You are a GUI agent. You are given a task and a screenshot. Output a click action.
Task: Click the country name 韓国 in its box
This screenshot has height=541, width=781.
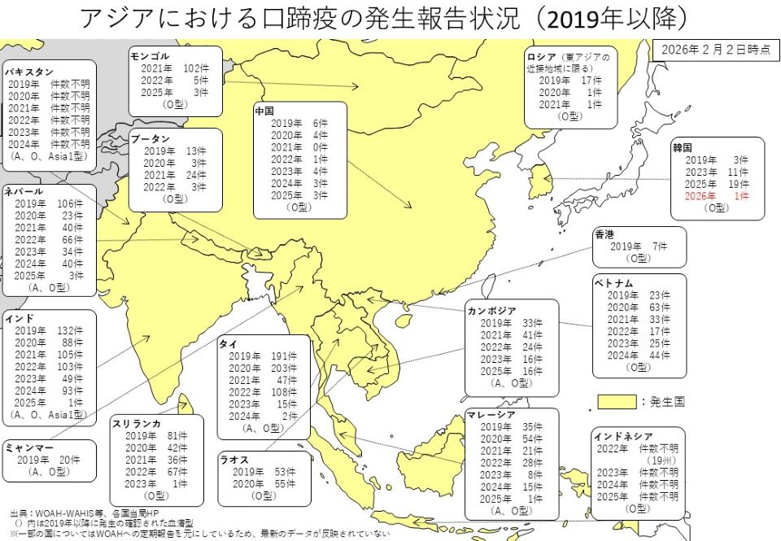(x=682, y=148)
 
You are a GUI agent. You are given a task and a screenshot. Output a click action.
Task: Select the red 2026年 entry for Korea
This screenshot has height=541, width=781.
(x=700, y=196)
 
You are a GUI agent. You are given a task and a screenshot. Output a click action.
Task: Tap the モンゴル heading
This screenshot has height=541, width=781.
(x=150, y=56)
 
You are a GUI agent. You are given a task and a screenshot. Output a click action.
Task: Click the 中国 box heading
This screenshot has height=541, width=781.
(x=264, y=110)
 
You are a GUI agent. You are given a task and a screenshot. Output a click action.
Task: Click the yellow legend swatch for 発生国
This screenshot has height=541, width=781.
(x=616, y=401)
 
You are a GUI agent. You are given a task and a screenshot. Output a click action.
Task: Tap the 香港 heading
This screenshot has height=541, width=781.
(x=604, y=233)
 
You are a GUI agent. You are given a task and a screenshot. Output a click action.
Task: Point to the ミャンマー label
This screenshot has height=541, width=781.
(x=29, y=447)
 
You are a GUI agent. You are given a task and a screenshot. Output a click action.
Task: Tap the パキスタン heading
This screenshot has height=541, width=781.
(x=28, y=72)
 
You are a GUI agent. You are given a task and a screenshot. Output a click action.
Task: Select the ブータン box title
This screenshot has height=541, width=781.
(x=151, y=139)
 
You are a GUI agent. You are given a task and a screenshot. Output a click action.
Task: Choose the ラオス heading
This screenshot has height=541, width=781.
(x=233, y=460)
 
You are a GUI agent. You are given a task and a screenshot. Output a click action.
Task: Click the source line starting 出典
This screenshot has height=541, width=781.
(x=81, y=514)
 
